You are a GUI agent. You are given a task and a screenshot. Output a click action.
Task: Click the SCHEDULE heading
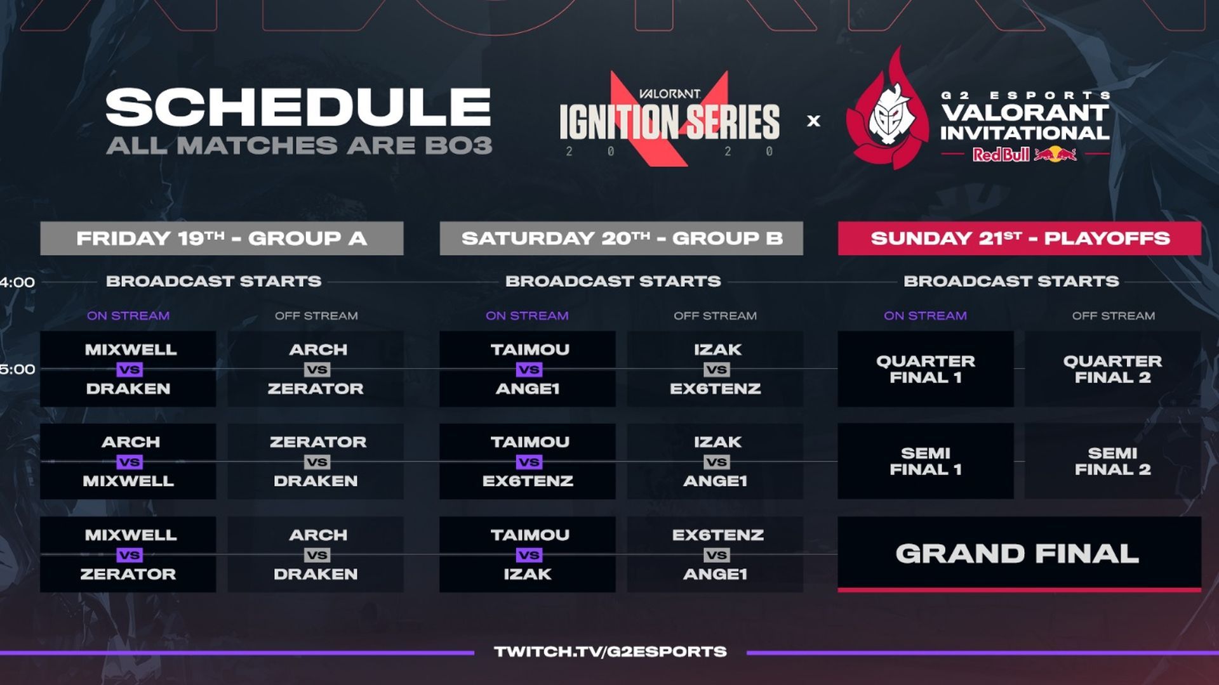298,107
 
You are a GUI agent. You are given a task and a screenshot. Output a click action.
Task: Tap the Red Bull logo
1024,154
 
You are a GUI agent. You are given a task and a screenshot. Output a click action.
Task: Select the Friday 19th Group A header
222,238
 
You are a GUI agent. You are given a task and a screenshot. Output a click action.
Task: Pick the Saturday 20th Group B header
621,238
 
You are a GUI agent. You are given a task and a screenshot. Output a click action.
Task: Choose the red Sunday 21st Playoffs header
1020,238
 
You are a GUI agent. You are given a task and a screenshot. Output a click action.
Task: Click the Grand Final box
1020,554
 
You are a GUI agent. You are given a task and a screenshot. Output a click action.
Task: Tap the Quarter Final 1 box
926,369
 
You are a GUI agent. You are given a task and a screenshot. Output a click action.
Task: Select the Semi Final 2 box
1113,461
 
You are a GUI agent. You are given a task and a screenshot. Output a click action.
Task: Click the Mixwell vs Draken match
128,369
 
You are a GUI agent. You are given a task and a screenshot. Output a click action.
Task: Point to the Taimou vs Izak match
528,554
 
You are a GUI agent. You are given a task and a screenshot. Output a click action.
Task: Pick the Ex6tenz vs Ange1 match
716,554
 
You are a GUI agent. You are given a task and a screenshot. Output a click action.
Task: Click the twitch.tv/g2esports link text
610,651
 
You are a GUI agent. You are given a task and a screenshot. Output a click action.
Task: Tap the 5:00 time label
17,369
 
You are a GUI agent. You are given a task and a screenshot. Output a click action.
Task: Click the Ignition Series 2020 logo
669,119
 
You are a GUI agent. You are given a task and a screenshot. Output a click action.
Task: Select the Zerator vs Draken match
316,461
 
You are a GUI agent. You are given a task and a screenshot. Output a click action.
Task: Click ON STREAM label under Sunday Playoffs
925,315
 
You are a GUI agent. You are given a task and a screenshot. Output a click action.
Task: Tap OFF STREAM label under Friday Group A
316,315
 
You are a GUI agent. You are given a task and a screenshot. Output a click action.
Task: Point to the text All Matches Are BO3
299,145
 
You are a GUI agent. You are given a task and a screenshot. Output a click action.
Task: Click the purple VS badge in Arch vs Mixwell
129,462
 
